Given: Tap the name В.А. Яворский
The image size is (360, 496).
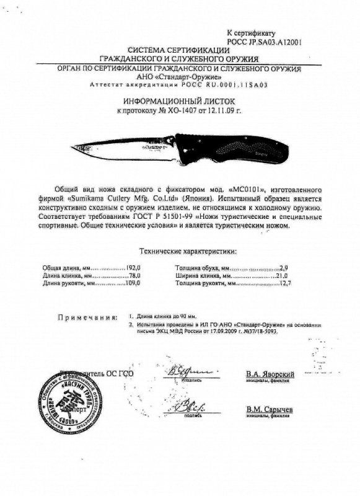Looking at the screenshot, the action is point(270,374).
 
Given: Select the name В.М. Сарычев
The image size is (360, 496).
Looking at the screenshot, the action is point(269,410).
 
